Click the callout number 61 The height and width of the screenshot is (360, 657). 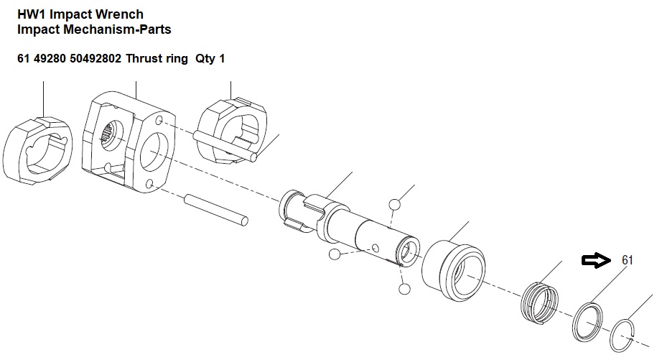coord(627,260)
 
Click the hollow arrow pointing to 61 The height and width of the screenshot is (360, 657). coord(596,261)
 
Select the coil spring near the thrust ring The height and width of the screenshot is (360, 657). coord(540,303)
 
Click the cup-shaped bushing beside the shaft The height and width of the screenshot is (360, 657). coord(453,271)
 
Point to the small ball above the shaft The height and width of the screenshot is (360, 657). coord(394,205)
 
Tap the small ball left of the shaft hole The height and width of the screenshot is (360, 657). coord(335,254)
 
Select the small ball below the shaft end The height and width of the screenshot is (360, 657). coord(404,289)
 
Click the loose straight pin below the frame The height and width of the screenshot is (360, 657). coord(216,210)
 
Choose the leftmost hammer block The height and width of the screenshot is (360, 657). coord(37,150)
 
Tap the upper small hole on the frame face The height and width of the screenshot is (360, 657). coord(159,121)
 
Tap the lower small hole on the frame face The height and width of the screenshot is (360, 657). coord(149,183)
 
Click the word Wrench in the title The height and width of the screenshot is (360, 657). coord(119,14)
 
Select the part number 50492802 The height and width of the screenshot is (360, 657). coord(95,58)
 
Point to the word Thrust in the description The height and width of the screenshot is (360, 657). coord(141,58)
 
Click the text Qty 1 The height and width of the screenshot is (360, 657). coord(210,58)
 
